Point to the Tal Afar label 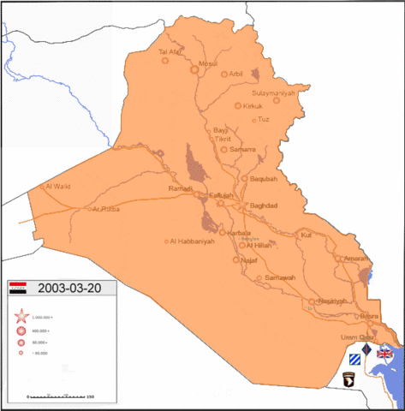tap(172, 52)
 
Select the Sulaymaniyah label tap(274, 92)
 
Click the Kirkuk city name tap(252, 106)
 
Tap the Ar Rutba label tap(106, 209)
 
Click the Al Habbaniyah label tap(193, 241)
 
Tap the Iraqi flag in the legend tap(20, 289)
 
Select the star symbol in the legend tap(20, 317)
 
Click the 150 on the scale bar tap(90, 396)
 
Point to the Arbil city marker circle tap(226, 74)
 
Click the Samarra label tap(244, 150)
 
